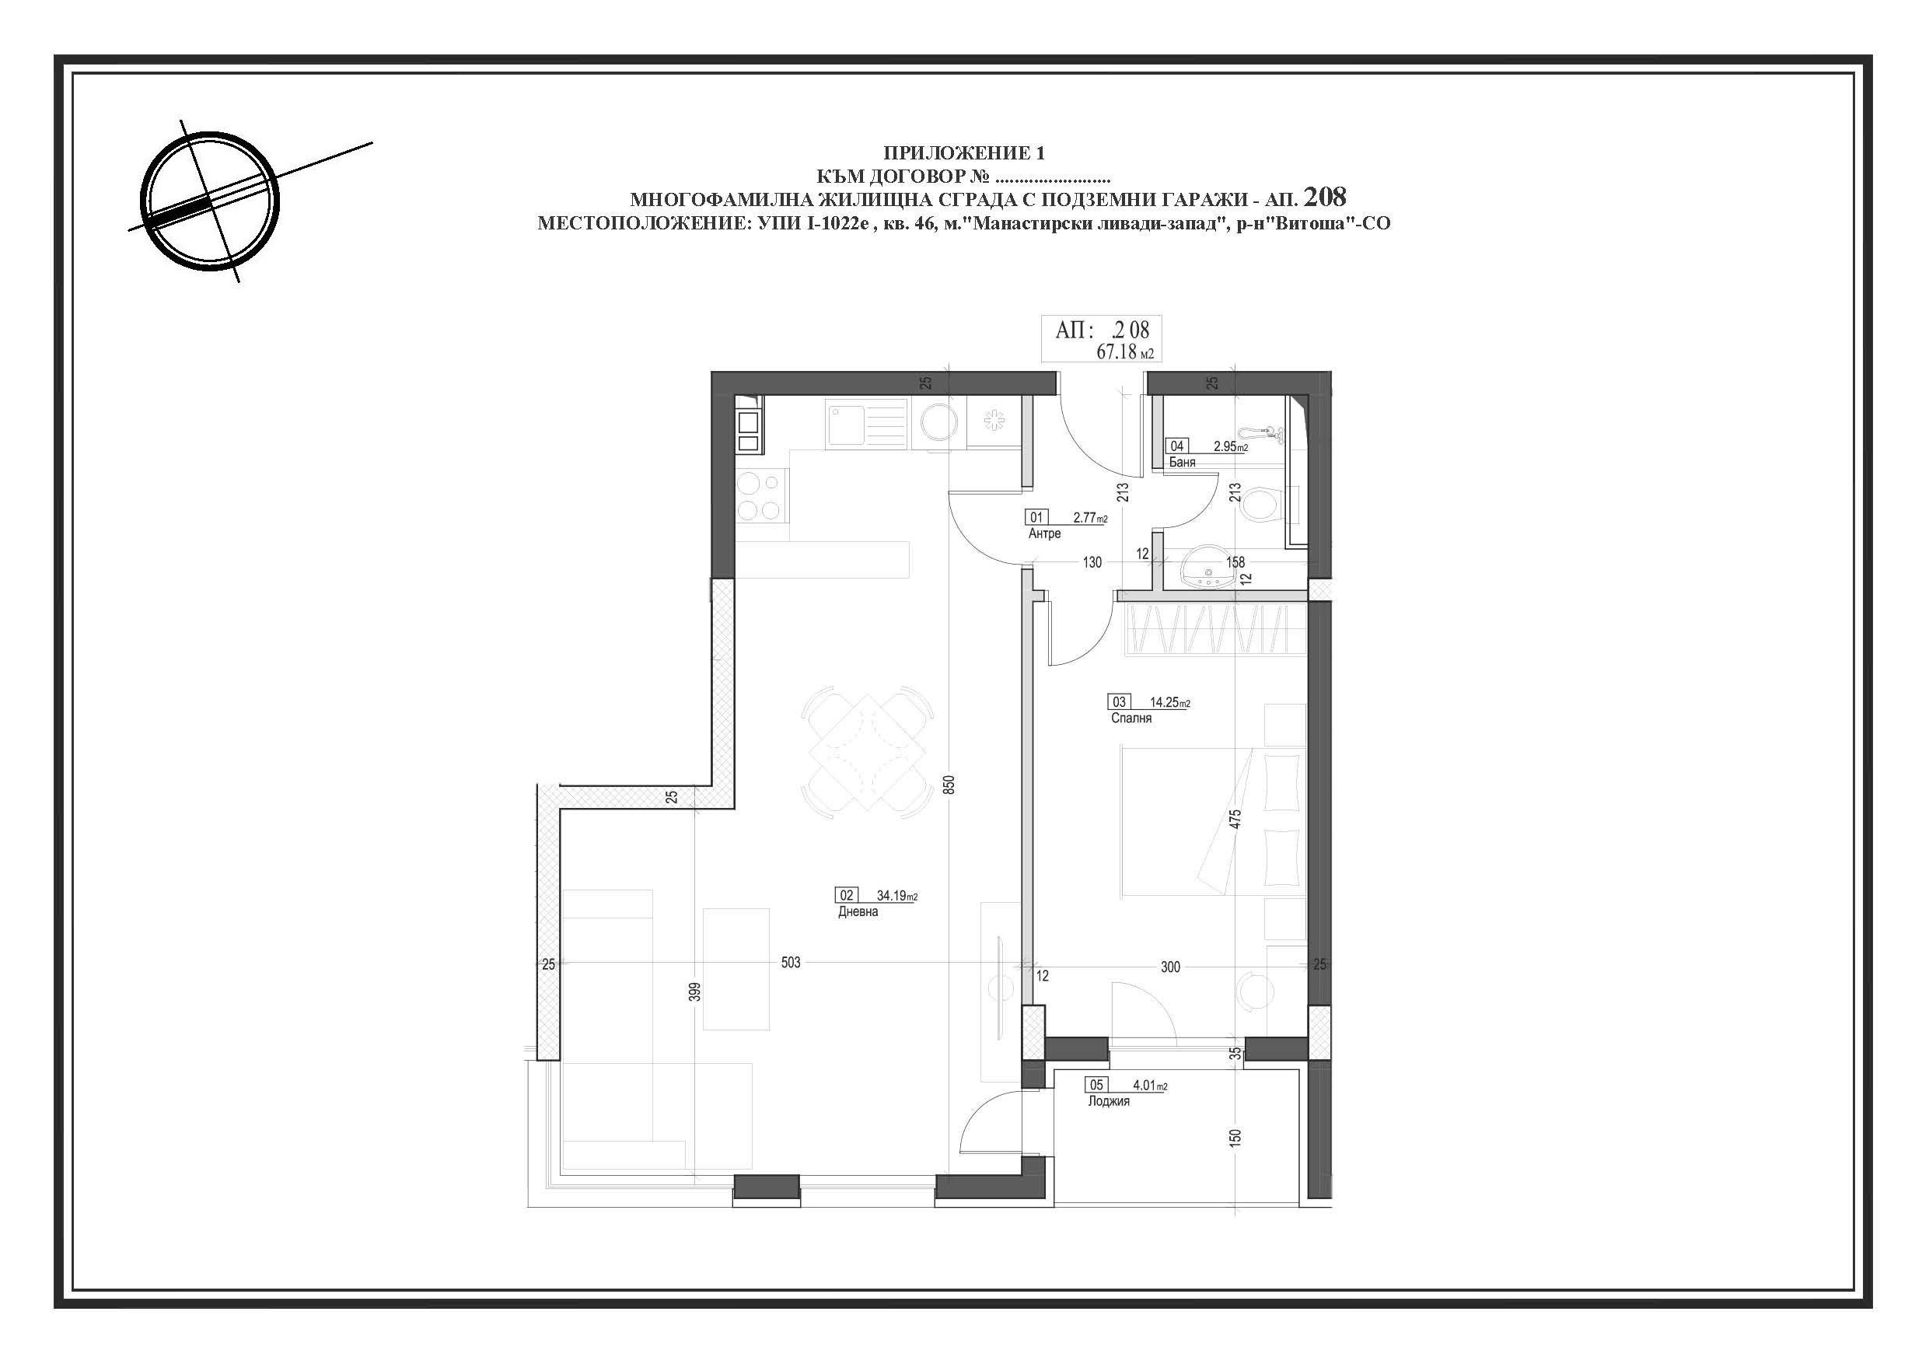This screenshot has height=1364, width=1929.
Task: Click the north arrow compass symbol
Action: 209,201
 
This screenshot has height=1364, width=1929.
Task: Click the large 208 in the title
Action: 1324,197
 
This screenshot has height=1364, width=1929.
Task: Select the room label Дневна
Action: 858,912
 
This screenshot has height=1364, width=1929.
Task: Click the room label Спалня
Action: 1130,719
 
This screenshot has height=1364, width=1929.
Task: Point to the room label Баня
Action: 1182,462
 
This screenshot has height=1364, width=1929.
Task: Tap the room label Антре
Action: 1044,533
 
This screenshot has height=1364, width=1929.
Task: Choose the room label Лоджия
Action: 1108,1101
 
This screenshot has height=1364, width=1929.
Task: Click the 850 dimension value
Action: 949,785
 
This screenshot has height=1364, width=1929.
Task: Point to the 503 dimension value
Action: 791,962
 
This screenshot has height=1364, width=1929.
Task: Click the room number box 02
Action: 847,896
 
